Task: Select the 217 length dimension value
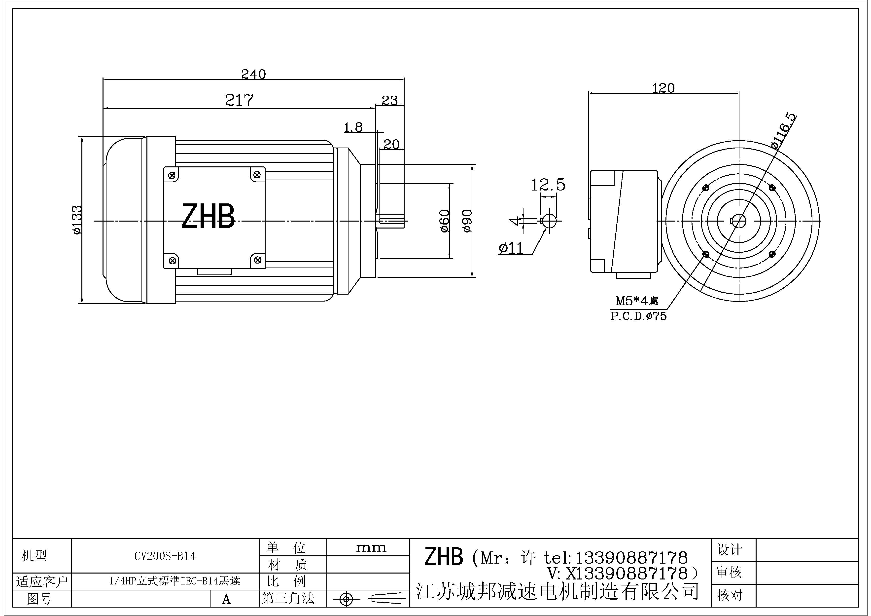[239, 100]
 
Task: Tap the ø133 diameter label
[77, 220]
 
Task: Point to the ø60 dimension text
[444, 221]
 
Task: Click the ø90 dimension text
[467, 221]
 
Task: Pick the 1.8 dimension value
[353, 127]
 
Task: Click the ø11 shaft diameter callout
[511, 248]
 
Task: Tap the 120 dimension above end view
[663, 88]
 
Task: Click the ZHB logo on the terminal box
[208, 216]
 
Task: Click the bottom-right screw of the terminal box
[258, 260]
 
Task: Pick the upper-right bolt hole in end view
[772, 188]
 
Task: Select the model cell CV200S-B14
[165, 556]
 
